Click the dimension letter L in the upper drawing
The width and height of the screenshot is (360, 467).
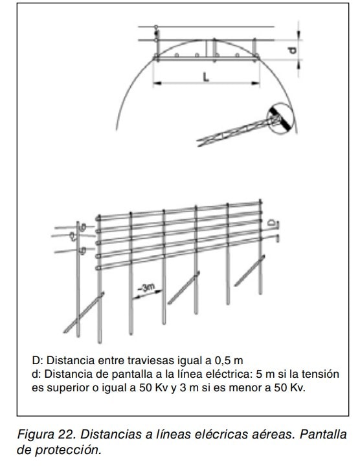pyautogui.click(x=206, y=76)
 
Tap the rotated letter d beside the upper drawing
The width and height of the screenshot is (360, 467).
pyautogui.click(x=293, y=50)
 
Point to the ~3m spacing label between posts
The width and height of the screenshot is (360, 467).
pyautogui.click(x=146, y=288)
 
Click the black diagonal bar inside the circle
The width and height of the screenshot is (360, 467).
pyautogui.click(x=280, y=119)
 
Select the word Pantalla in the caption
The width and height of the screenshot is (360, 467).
pyautogui.click(x=323, y=434)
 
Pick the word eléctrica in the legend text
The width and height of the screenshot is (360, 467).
pyautogui.click(x=229, y=374)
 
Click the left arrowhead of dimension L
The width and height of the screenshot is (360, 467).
pyautogui.click(x=157, y=83)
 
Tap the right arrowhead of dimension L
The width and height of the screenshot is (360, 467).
pyautogui.click(x=256, y=83)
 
